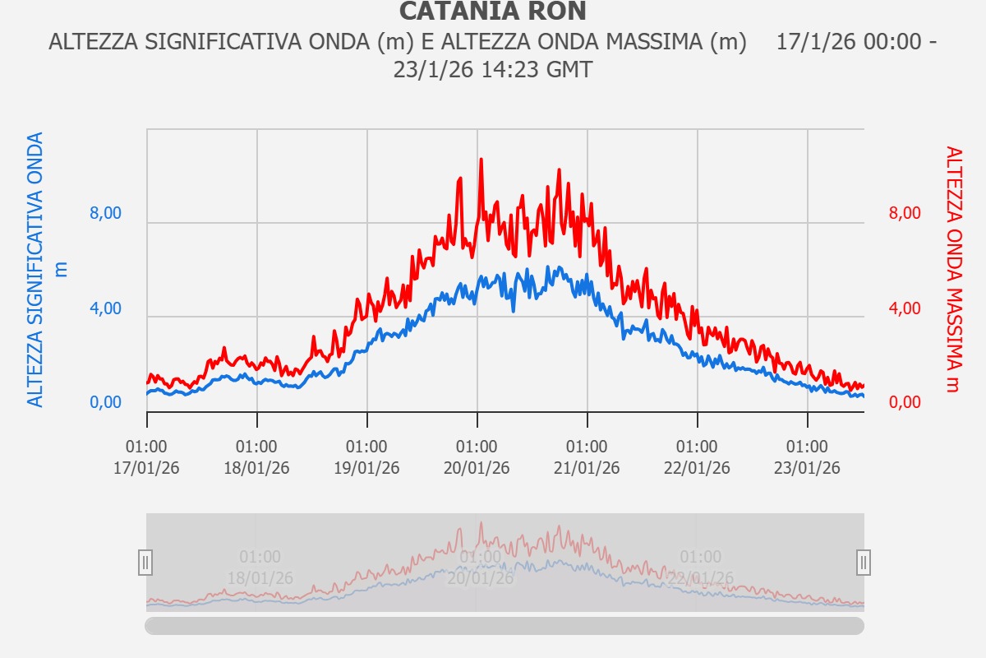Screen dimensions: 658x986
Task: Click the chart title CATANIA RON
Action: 492,12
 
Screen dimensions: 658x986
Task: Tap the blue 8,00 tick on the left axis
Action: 105,214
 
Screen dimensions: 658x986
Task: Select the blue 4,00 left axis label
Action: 105,309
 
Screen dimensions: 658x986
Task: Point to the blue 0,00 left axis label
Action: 105,403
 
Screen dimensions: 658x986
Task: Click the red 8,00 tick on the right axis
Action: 905,214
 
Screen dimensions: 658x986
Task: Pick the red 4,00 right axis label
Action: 905,309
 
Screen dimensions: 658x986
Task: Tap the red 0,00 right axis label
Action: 905,403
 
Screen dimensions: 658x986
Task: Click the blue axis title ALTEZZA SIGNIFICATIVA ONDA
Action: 35,270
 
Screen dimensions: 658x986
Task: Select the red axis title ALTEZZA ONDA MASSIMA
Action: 952,270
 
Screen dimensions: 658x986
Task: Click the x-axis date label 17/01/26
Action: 147,468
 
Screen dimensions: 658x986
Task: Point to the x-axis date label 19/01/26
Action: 367,468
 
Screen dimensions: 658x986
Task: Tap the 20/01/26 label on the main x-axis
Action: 477,468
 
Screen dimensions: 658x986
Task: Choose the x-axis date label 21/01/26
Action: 587,468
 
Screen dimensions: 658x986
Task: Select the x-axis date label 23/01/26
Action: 808,468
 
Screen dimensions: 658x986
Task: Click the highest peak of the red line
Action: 481,160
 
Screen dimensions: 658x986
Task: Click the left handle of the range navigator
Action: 145,563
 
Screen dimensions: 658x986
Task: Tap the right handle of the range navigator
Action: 864,563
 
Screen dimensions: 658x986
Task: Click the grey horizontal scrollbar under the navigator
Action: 505,626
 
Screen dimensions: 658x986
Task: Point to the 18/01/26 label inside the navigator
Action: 260,577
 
